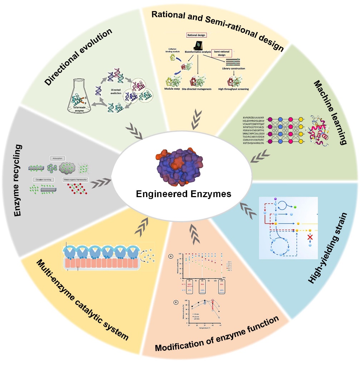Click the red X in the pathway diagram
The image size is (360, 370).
pyautogui.click(x=311, y=237)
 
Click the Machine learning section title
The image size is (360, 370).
pyautogui.click(x=330, y=112)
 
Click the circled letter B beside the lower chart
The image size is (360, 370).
pyautogui.click(x=176, y=302)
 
